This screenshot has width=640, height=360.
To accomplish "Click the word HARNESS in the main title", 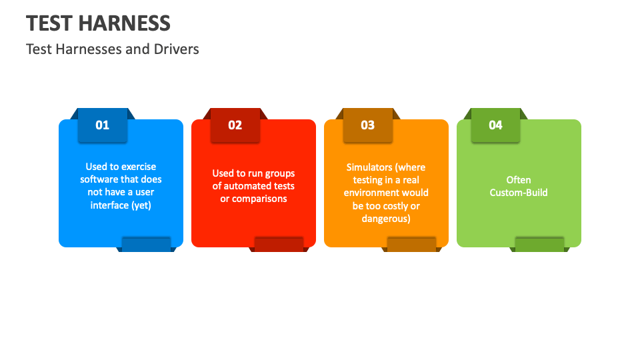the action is pos(124,23).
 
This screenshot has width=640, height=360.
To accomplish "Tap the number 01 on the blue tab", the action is pos(103,125).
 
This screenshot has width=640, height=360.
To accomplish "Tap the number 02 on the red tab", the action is pos(235,125).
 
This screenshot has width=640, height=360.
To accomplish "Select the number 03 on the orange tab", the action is pos(368,125).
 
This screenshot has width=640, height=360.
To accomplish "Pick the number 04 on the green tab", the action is pos(495,125).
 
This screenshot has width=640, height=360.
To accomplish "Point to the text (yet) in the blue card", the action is pos(141,205).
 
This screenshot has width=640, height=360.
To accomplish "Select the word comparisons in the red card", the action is pos(259,199).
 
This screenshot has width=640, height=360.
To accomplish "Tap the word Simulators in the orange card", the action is pos(369,167).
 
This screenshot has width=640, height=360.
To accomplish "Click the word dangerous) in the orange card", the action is pos(386,219).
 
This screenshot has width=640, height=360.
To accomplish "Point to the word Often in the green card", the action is pos(519,180).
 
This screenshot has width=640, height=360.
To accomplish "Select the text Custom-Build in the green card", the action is pos(519,193).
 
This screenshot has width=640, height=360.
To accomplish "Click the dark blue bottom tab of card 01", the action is pos(146,244).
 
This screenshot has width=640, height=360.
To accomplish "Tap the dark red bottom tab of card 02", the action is pos(279,244).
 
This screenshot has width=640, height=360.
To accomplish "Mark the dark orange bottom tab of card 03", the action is pos(411,244).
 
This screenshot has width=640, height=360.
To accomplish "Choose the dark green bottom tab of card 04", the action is pos(539,244).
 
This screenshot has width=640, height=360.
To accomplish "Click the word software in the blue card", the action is pos(99,179).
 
